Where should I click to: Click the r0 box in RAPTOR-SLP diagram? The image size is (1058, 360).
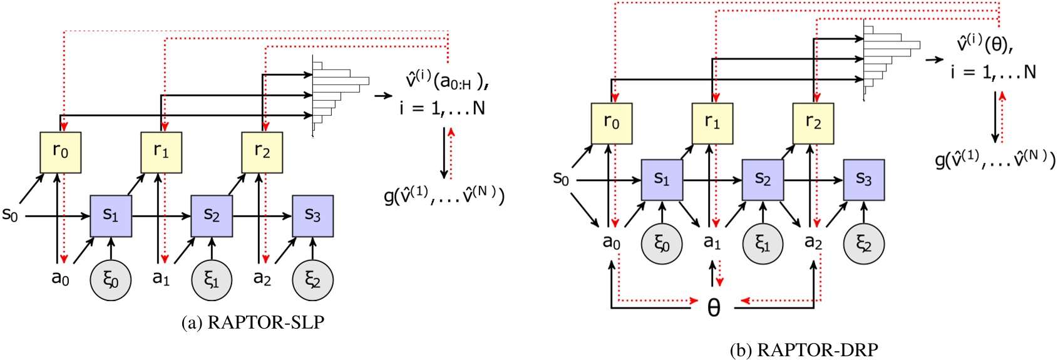click(x=60, y=152)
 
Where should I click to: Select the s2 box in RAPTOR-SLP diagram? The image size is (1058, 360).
click(x=212, y=216)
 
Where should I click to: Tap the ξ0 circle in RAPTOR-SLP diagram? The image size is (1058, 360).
click(x=111, y=280)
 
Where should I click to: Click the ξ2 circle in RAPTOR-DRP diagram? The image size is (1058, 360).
click(x=864, y=244)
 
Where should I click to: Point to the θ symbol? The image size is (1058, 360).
click(x=714, y=307)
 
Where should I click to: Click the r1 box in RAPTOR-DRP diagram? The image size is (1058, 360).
click(x=712, y=123)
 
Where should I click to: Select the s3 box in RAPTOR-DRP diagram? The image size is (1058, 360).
click(x=864, y=180)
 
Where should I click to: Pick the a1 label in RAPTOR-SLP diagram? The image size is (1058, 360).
click(x=161, y=277)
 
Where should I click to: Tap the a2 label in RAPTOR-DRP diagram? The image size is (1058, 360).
click(x=813, y=241)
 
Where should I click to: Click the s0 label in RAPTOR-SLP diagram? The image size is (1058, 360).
click(x=10, y=215)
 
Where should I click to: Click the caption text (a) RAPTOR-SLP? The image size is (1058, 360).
click(x=253, y=322)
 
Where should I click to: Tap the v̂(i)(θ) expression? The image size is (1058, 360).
click(x=984, y=44)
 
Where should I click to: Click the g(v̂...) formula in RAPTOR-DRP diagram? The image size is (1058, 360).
click(x=995, y=160)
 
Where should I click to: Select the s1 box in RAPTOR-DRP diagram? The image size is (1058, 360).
click(x=662, y=180)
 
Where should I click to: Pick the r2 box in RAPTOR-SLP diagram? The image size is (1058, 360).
click(x=262, y=152)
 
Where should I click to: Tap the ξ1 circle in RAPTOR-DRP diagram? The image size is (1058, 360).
click(x=763, y=244)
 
